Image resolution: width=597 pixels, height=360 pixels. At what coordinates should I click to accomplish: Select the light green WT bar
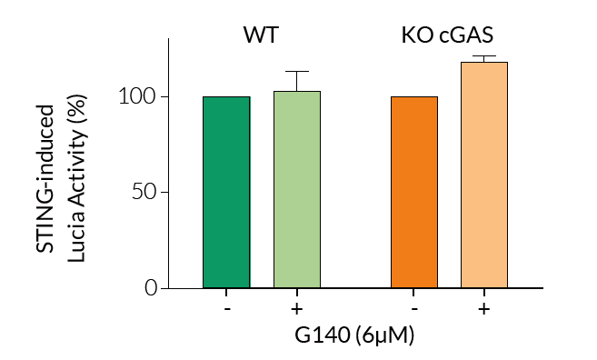coord(297,190)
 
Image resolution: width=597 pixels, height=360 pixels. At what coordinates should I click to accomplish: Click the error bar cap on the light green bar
coord(297,72)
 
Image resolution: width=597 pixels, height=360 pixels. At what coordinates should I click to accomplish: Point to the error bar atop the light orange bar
coord(484,58)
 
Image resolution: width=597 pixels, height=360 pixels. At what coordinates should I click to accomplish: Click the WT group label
coord(261,36)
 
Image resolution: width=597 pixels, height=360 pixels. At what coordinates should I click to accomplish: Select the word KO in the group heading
coord(418,36)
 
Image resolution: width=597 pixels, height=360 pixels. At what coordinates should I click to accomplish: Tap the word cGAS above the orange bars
coord(469,36)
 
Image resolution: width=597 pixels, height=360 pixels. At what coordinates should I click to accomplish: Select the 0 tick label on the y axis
coord(151,288)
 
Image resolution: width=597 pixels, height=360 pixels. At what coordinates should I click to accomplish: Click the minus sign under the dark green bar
coord(226,308)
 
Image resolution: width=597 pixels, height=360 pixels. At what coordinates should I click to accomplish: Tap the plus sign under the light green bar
coord(297,308)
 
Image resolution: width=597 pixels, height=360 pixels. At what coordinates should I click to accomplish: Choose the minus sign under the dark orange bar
coord(414,308)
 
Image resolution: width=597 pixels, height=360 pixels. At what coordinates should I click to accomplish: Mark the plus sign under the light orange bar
coord(484,308)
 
